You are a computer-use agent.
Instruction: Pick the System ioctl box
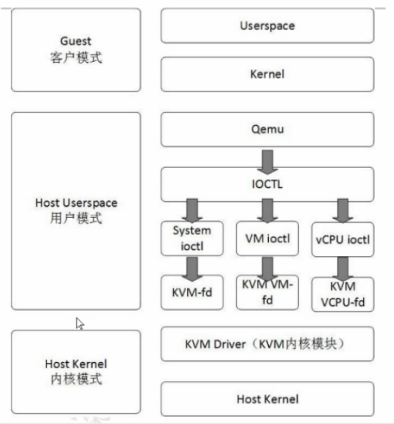191,238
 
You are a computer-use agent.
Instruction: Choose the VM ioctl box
265,238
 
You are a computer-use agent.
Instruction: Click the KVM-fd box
191,289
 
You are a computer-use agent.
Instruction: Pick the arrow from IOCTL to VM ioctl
267,210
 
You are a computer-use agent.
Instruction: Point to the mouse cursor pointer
80,323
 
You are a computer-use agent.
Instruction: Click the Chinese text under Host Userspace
76,218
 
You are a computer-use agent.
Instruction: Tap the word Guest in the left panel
76,41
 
